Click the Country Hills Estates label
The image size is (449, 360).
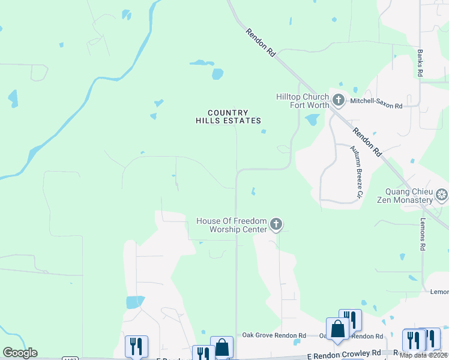(228, 116)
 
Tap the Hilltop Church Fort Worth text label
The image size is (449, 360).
(302, 101)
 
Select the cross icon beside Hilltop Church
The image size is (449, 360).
(338, 100)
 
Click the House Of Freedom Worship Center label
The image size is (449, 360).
(231, 226)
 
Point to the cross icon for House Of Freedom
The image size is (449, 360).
(276, 224)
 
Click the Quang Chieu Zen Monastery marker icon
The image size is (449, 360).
(442, 194)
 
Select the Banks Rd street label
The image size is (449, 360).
(421, 62)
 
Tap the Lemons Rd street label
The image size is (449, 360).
(423, 235)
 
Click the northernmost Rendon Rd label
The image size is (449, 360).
(260, 43)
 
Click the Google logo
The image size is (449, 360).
(20, 353)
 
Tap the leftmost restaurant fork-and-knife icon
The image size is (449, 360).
(136, 346)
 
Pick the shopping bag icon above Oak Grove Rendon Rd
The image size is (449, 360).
(337, 328)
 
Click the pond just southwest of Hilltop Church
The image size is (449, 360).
(312, 120)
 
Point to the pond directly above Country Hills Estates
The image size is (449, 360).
(217, 74)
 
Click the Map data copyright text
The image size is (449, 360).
(423, 355)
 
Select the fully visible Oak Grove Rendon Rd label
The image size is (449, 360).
(274, 335)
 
